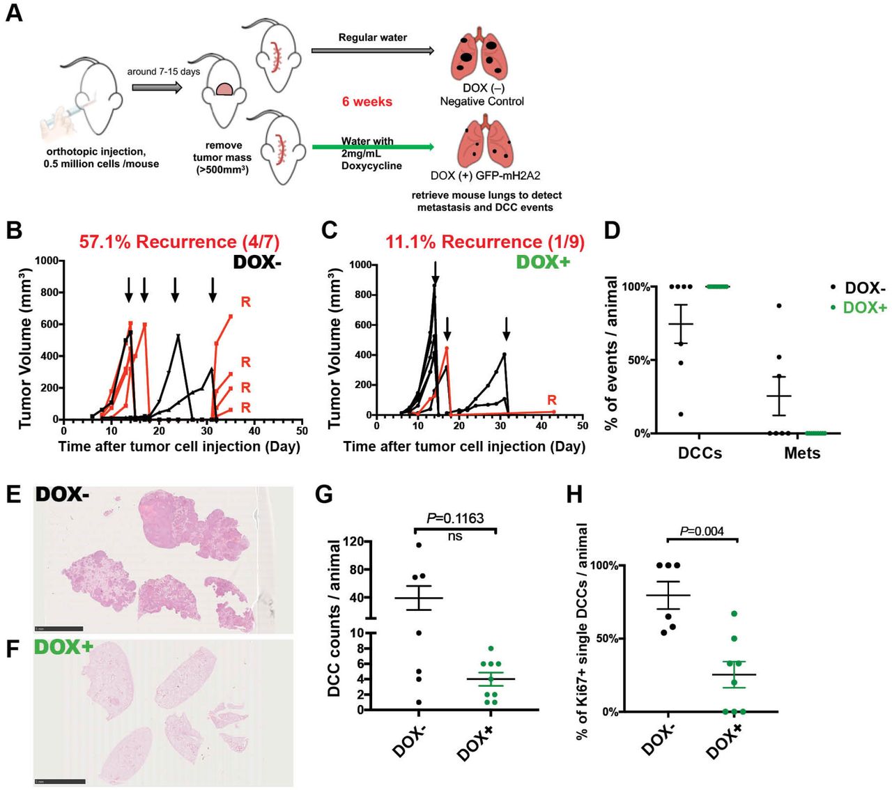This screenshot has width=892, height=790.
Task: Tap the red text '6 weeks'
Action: [x=367, y=102]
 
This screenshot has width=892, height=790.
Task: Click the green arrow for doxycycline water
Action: [x=373, y=147]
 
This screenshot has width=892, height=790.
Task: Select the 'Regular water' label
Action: [x=373, y=37]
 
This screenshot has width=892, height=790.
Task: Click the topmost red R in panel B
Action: [x=245, y=302]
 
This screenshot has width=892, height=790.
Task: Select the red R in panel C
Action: [x=552, y=401]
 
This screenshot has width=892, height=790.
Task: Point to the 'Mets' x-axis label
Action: [x=802, y=454]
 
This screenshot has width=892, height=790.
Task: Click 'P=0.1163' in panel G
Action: [x=455, y=518]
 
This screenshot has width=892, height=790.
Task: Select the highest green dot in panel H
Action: [x=734, y=614]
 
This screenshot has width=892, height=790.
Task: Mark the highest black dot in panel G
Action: [x=419, y=545]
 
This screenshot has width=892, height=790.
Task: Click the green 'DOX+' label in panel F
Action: [x=64, y=647]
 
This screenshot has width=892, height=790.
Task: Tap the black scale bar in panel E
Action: [x=59, y=628]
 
